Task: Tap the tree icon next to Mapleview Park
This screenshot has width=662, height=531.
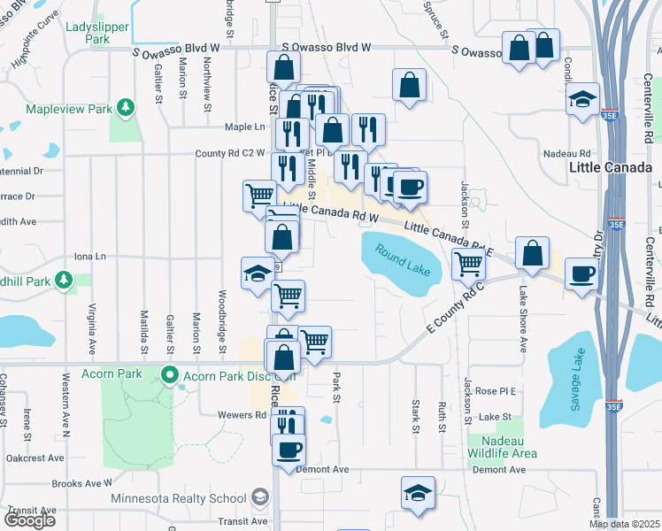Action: tap(127, 108)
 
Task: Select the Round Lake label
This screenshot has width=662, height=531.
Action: tap(402, 259)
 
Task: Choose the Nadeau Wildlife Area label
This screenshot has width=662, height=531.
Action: tap(503, 447)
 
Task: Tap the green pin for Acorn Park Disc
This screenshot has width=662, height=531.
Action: tap(172, 375)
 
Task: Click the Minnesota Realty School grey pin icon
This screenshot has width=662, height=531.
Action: tap(259, 498)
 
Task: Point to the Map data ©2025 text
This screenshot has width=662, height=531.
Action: tap(624, 524)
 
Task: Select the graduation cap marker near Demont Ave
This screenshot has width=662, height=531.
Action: tap(418, 492)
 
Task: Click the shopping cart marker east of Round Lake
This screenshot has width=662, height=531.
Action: tap(467, 262)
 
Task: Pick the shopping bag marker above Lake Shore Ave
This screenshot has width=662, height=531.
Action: tap(531, 253)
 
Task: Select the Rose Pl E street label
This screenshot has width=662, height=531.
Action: tap(495, 390)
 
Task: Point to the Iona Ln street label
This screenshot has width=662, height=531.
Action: tap(89, 257)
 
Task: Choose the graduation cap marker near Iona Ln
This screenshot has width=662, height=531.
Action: tap(258, 273)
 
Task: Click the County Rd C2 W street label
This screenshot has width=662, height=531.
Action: tap(230, 153)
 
